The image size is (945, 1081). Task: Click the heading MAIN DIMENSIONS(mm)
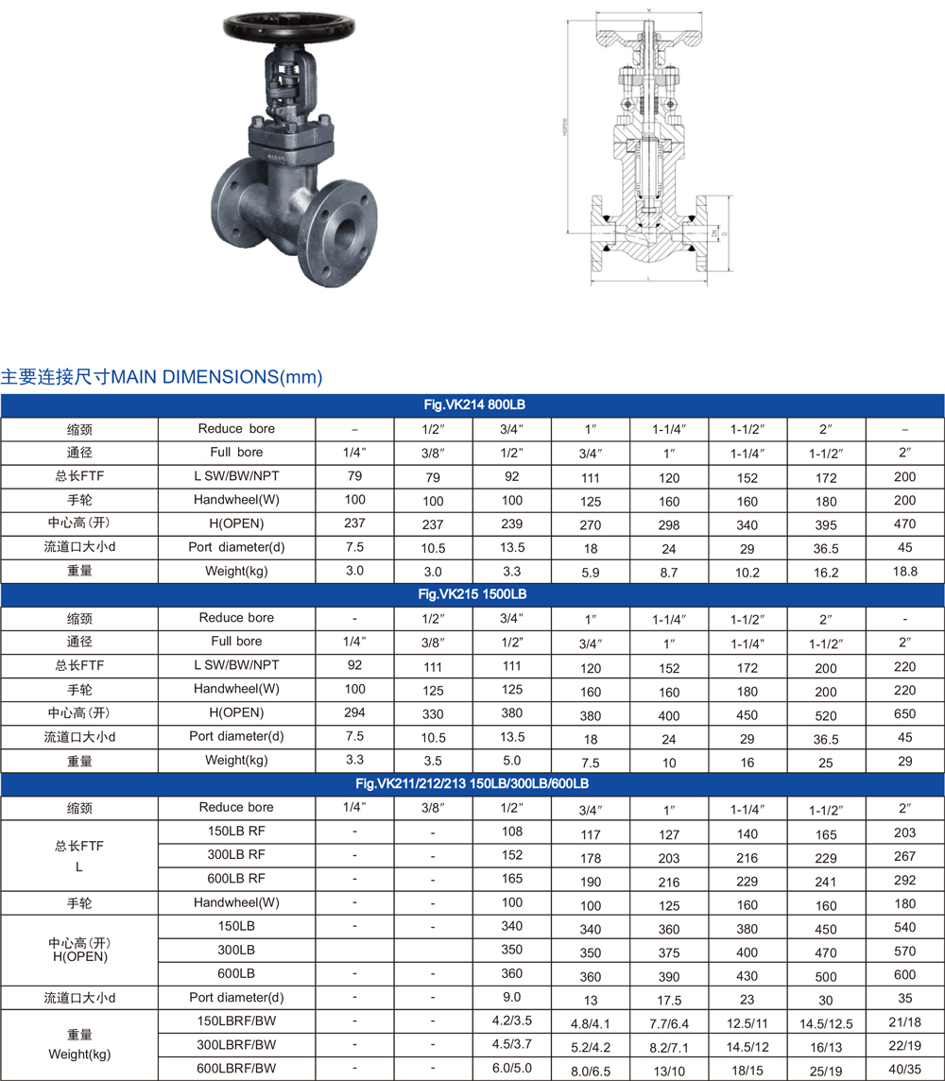point(217,377)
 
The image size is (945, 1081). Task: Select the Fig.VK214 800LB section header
point(472,404)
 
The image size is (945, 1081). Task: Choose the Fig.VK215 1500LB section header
point(472,594)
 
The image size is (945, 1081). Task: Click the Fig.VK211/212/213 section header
point(472,783)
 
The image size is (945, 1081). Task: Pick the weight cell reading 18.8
point(905,572)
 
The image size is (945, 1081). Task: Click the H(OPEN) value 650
point(905,715)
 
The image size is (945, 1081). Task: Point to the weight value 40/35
point(905,1070)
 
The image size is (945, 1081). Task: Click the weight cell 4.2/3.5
point(511,1021)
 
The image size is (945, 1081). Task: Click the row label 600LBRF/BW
point(236,1068)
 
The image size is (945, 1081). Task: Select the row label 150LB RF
point(236,832)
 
